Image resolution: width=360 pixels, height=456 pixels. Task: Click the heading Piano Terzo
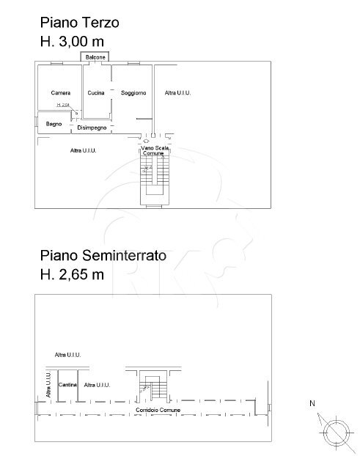pos(79,23)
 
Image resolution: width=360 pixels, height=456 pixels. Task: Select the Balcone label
pos(95,57)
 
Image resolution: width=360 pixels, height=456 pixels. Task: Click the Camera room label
pos(61,93)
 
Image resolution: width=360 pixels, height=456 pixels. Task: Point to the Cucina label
pos(95,93)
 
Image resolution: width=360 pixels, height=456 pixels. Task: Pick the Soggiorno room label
pos(133,93)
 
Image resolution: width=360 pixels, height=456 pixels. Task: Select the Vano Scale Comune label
pos(155,150)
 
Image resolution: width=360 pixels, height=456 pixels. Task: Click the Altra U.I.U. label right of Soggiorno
pos(177,93)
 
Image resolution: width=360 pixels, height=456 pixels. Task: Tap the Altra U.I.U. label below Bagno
pos(84,150)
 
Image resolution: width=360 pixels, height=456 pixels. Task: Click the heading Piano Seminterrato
pos(103,257)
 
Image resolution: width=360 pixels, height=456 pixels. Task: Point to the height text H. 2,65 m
pos(72,276)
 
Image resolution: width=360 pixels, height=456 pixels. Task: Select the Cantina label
pos(69,384)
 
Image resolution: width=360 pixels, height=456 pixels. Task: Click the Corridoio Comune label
pos(154,408)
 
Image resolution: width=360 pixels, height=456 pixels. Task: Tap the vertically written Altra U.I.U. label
pos(48,386)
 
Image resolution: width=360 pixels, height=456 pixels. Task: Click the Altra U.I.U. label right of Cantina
pos(97,384)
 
